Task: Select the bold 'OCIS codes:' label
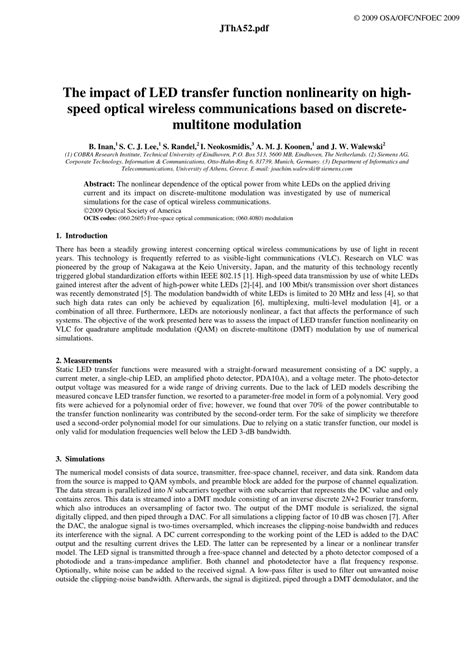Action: (x=105, y=217)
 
